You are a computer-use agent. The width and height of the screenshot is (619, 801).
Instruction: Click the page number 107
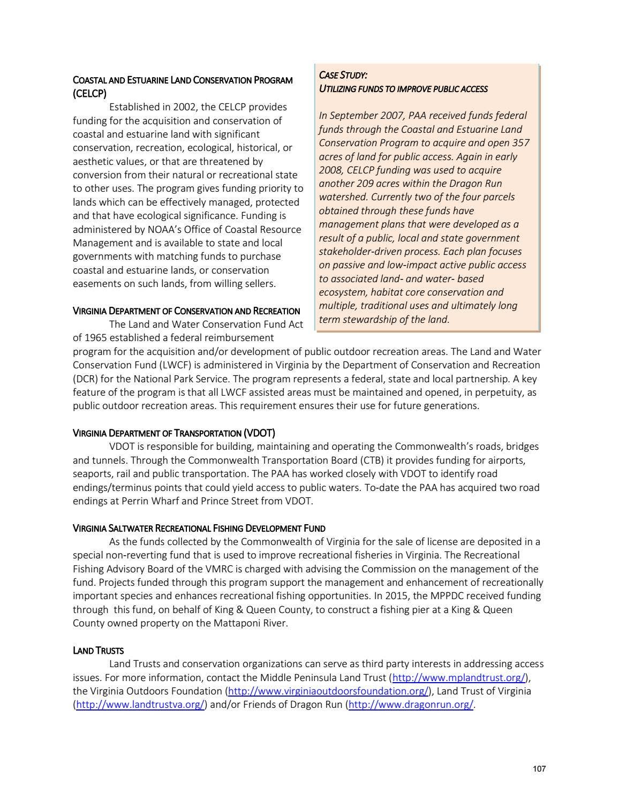539,769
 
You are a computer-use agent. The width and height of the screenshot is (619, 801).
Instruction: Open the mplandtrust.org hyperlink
458,678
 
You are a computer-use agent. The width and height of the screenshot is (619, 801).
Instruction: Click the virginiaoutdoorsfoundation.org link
329,691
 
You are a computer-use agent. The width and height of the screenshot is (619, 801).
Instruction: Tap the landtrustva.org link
140,705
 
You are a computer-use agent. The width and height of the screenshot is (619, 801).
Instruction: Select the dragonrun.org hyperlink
411,705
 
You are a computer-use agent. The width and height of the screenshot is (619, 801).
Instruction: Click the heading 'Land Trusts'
98,651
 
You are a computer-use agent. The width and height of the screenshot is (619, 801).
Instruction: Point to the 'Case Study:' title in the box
343,75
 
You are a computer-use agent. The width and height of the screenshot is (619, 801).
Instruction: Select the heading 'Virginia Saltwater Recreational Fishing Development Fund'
199,528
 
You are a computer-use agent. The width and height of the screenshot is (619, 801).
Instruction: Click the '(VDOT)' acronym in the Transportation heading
259,433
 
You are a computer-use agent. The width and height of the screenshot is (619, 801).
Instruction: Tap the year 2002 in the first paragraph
185,107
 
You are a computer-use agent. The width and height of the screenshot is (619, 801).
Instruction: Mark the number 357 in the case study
520,143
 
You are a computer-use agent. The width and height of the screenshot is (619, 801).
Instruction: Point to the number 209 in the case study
364,184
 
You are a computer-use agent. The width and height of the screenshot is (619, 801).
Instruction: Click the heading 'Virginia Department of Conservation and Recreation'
186,311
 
